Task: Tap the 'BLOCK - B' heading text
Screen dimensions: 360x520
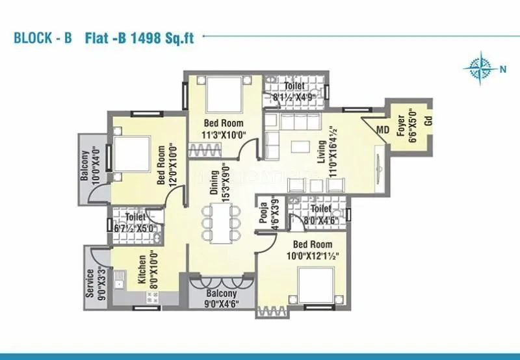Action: (x=42, y=38)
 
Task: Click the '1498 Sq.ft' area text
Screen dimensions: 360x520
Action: (x=160, y=37)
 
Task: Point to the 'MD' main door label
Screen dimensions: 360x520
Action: (x=383, y=130)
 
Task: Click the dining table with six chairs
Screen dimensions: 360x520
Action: (x=216, y=224)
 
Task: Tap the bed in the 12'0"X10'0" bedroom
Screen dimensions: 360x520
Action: (x=130, y=155)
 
